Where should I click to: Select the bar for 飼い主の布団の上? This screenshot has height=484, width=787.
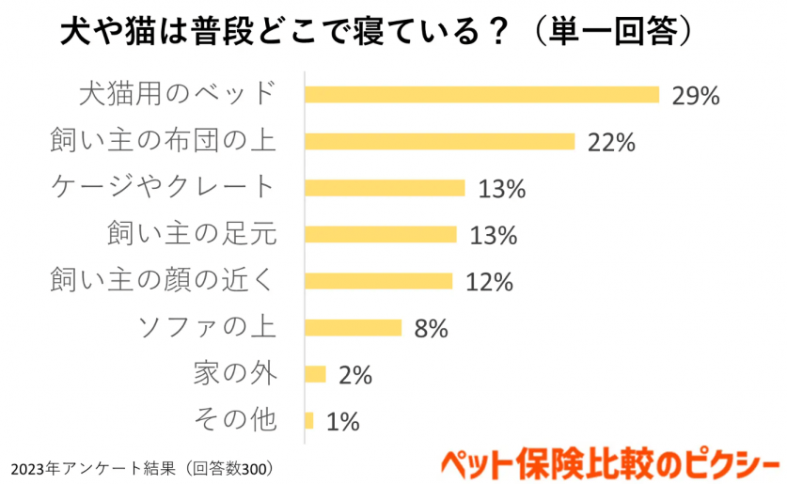click(x=439, y=141)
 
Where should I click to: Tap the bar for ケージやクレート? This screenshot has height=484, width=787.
click(x=385, y=188)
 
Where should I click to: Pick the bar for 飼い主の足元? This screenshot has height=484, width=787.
click(x=380, y=234)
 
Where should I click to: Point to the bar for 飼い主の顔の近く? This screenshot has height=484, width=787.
click(x=378, y=281)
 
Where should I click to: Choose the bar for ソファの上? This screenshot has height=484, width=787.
click(x=353, y=328)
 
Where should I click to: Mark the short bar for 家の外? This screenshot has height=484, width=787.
click(x=315, y=374)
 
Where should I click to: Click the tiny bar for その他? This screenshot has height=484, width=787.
click(x=309, y=420)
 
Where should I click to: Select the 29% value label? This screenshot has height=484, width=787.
click(x=695, y=96)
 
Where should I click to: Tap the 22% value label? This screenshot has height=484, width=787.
click(x=611, y=143)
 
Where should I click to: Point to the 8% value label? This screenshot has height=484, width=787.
click(x=430, y=329)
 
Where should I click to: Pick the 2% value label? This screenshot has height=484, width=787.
click(x=354, y=376)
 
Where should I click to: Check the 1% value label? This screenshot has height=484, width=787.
click(x=342, y=422)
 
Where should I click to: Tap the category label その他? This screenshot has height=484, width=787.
click(x=234, y=420)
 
